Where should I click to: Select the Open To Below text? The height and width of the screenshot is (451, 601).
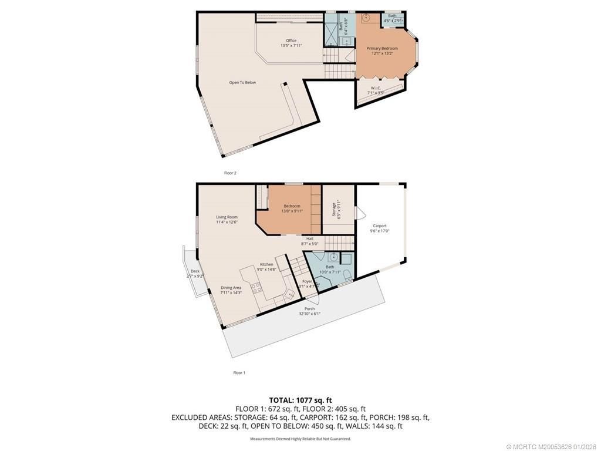tap(242, 83)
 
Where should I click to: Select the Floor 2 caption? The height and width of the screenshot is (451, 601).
tap(230, 173)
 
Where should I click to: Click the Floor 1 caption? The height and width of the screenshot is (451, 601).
tap(239, 373)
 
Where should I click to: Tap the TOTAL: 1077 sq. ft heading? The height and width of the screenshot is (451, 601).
tap(300, 400)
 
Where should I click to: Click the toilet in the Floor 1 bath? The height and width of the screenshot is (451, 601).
tap(346, 275)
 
